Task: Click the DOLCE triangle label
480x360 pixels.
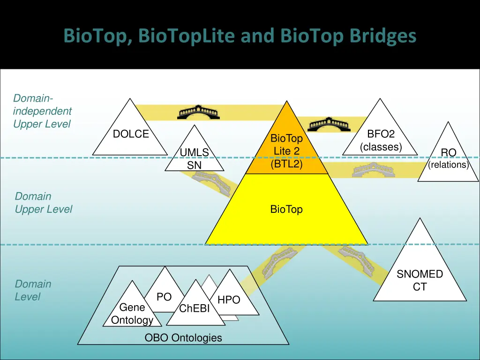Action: (131, 134)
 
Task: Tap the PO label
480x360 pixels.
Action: (164, 297)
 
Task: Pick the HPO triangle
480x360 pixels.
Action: (229, 300)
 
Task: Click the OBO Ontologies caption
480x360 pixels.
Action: (183, 337)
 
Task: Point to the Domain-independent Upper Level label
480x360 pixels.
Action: (42, 111)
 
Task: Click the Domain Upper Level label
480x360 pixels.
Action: (44, 203)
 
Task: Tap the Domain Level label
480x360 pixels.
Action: (33, 290)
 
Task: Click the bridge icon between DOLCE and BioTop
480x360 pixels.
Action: (198, 112)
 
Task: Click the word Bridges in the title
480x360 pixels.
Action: (383, 36)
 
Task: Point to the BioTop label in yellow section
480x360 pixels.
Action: (286, 210)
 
